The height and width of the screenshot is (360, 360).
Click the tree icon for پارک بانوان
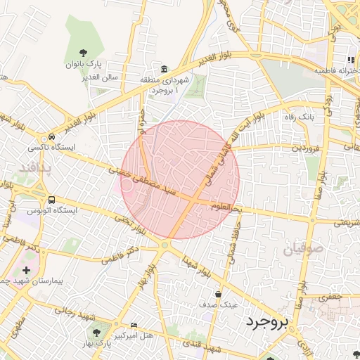(x=84, y=52)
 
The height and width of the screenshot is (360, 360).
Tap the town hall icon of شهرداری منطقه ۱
(x=164, y=69)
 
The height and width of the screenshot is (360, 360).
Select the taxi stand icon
(x=52, y=137)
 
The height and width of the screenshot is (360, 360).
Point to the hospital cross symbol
(x=27, y=270)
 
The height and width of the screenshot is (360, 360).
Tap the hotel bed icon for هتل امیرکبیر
(x=134, y=325)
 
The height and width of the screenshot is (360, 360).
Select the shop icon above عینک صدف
(x=219, y=294)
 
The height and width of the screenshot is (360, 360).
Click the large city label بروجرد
(x=268, y=322)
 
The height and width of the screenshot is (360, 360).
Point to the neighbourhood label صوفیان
(x=303, y=250)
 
